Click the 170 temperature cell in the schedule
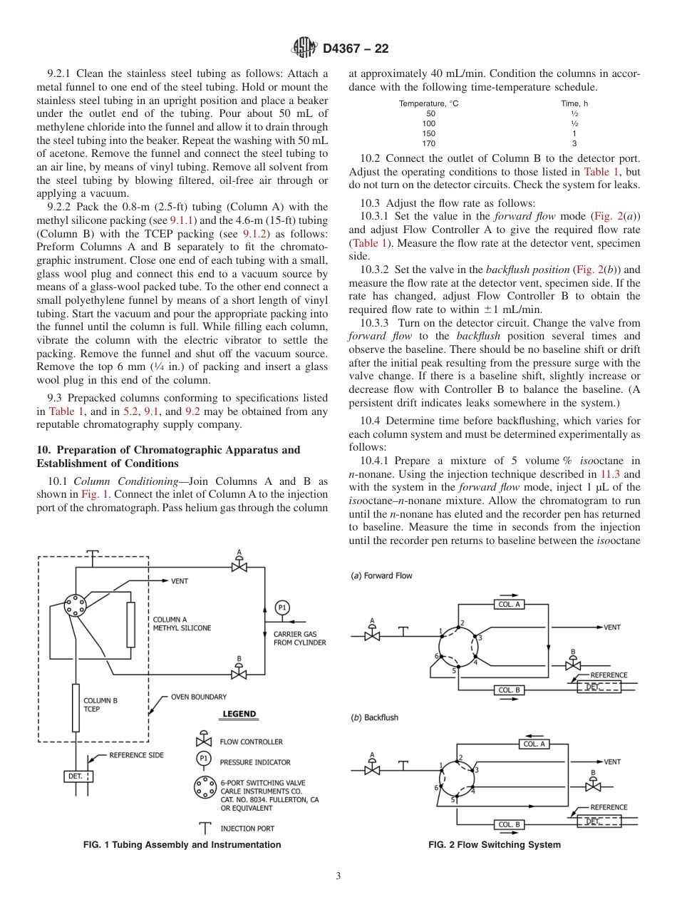pos(430,143)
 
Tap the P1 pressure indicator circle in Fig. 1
pos(282,608)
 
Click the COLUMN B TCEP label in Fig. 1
pos(100,705)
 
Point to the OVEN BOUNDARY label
pos(199,697)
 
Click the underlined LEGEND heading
pos(239,714)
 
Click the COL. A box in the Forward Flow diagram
pos(510,604)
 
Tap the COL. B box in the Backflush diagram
pos(509,824)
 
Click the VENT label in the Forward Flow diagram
pos(612,627)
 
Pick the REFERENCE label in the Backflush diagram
pos(609,807)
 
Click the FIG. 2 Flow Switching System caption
pos(494,845)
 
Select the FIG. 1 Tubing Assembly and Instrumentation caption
pos(182,845)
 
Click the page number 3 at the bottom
pos(338,876)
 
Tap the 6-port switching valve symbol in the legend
pos(204,787)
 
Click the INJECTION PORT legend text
pos(247,829)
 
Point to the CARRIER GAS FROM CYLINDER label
pos(299,638)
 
